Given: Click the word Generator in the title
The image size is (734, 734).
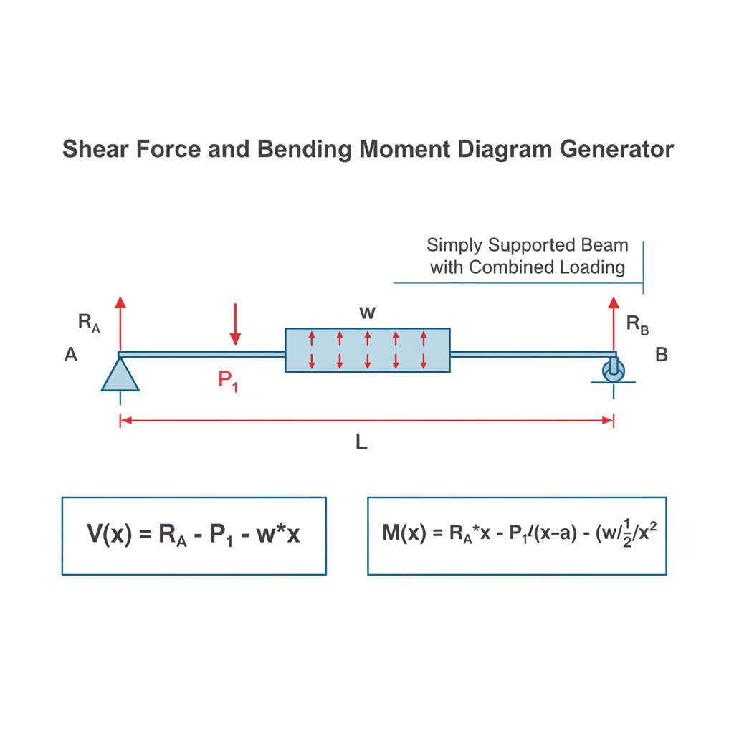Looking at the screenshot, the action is click(x=616, y=149).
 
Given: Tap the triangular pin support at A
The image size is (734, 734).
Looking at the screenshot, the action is click(x=120, y=374).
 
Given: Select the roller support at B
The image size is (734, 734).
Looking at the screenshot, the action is click(x=614, y=371).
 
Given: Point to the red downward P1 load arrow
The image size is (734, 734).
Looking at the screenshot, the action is click(x=235, y=325).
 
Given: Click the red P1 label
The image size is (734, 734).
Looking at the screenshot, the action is click(x=228, y=381).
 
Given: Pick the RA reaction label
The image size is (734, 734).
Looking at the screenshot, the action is click(x=89, y=323).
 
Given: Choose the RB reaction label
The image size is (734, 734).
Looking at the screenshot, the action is click(x=637, y=324).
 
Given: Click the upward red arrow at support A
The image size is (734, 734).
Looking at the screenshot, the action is click(x=120, y=324).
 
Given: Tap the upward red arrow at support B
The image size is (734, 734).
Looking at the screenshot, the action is click(x=614, y=324).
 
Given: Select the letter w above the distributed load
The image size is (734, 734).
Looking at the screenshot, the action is click(x=368, y=313).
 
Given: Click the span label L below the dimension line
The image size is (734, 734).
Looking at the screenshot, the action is click(x=361, y=442).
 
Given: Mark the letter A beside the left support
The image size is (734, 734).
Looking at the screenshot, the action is click(x=71, y=354).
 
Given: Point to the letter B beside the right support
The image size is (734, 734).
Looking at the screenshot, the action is click(x=662, y=355).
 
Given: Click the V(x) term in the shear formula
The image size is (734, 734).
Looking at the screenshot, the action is click(x=110, y=533).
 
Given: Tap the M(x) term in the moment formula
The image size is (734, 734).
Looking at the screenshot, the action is click(x=404, y=533).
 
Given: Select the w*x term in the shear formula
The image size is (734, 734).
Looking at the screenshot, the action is click(x=278, y=533).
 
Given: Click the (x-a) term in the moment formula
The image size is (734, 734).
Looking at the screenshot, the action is click(x=556, y=533).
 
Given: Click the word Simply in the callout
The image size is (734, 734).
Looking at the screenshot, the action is click(x=454, y=246).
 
